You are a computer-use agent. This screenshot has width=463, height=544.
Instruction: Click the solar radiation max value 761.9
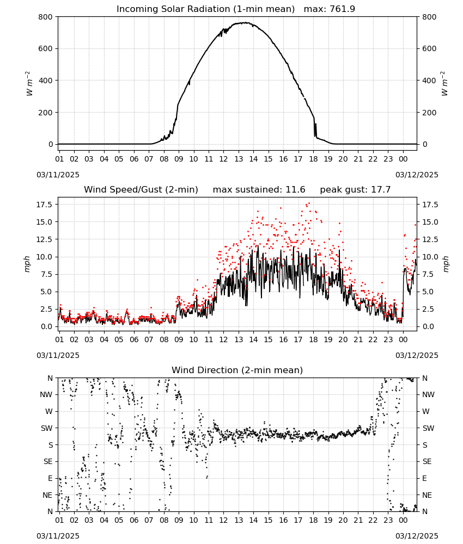click(342, 9)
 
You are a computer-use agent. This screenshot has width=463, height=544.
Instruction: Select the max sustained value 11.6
click(295, 189)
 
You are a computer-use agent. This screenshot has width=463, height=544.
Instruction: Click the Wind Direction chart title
click(237, 370)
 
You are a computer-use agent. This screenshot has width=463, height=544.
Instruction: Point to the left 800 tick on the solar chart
click(46, 17)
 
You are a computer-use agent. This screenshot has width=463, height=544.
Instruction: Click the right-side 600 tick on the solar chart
click(429, 48)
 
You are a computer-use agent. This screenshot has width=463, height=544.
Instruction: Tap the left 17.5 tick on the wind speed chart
click(45, 205)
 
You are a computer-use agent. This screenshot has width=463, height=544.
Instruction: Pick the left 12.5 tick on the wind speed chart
click(45, 239)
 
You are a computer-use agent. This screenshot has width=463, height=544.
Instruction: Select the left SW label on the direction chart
click(47, 428)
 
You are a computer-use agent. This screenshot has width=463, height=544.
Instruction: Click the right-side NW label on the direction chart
click(428, 394)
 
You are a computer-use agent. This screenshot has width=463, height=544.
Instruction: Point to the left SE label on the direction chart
click(48, 461)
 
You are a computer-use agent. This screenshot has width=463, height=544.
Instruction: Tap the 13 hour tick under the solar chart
click(239, 159)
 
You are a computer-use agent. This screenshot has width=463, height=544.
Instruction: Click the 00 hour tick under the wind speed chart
click(403, 339)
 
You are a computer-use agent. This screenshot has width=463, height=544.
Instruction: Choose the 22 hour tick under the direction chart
click(373, 520)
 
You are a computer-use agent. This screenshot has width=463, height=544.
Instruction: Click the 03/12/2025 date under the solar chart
click(417, 175)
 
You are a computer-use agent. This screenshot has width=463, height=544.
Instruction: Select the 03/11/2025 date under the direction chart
click(58, 536)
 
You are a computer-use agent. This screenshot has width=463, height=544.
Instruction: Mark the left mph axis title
click(27, 264)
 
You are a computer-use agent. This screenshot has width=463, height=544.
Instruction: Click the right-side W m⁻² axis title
click(444, 84)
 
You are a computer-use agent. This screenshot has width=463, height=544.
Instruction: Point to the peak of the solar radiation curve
click(245, 23)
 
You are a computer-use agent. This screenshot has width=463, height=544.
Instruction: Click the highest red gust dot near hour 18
click(309, 203)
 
